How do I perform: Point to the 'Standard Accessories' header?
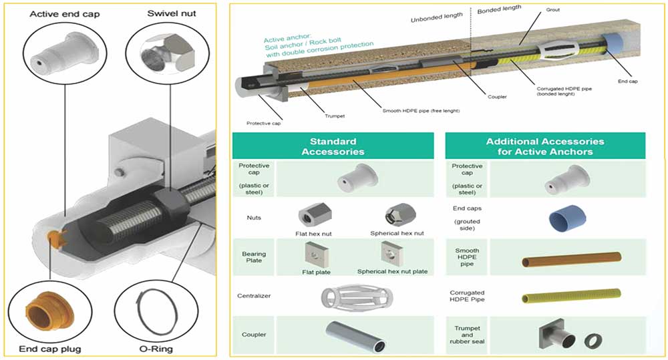tap(333, 146)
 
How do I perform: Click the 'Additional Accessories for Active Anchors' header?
tap(544, 146)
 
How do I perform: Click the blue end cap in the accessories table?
tap(564, 217)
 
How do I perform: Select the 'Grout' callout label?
tap(552, 10)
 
